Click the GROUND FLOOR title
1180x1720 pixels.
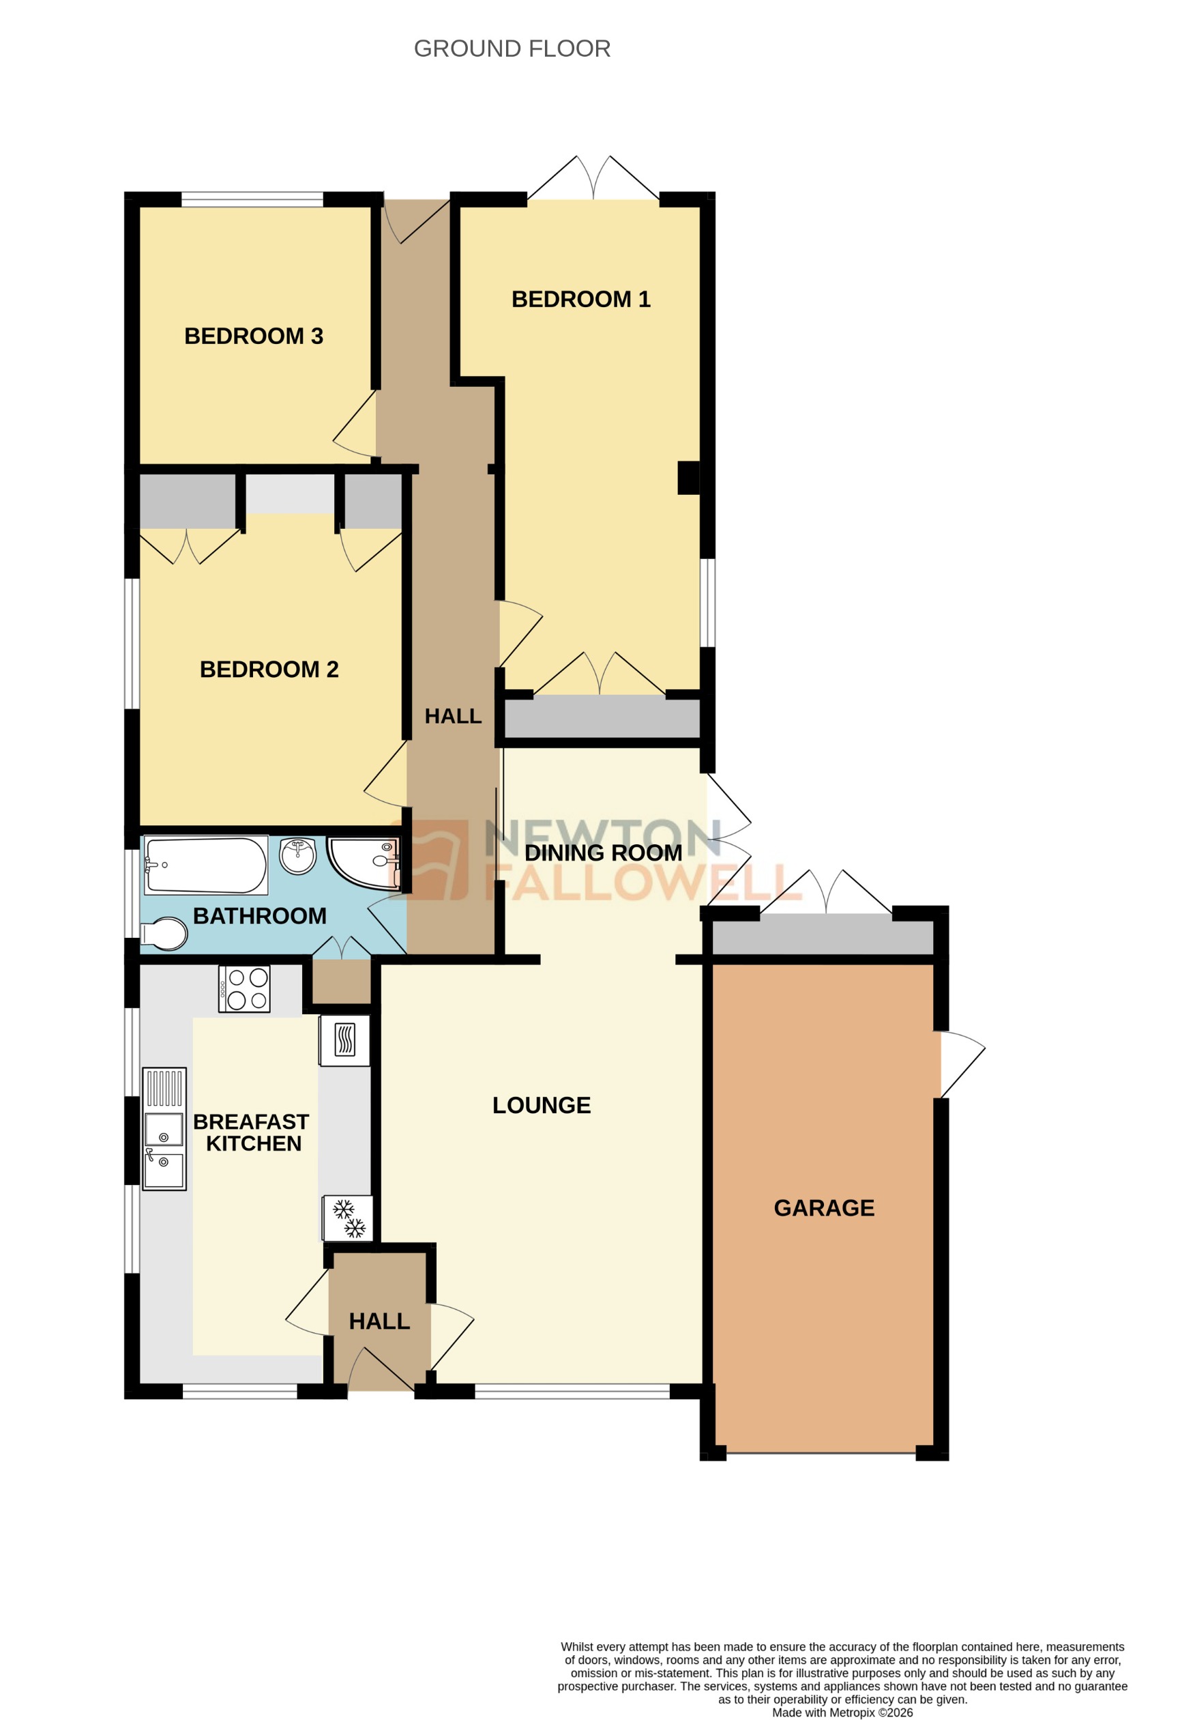(512, 49)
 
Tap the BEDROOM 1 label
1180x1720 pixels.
(580, 299)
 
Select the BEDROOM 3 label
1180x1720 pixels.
(254, 336)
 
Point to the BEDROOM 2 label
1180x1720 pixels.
(269, 669)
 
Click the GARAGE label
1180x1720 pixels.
(824, 1208)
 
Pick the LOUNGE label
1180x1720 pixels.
(542, 1105)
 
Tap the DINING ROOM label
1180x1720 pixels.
(603, 852)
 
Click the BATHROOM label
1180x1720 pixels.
(260, 915)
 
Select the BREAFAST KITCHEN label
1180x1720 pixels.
(252, 1132)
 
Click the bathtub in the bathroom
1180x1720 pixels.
(206, 865)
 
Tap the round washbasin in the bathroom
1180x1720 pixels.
(298, 857)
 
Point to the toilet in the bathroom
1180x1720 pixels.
(165, 934)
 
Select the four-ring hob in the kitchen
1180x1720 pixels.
(244, 989)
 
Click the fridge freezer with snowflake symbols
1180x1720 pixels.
(347, 1218)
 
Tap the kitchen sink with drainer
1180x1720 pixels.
(164, 1129)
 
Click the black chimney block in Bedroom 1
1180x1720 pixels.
(688, 477)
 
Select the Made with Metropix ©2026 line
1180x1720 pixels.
(842, 1712)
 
